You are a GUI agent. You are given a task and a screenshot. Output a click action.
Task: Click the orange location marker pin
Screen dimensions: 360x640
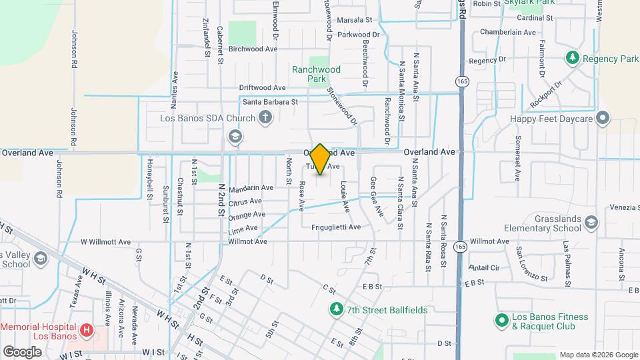pyautogui.click(x=320, y=159)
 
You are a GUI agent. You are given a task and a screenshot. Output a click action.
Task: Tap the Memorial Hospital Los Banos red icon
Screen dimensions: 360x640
pyautogui.click(x=85, y=329)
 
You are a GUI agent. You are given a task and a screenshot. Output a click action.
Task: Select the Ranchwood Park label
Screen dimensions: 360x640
pyautogui.click(x=316, y=74)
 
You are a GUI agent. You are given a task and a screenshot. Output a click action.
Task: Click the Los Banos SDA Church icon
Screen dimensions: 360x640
pyautogui.click(x=265, y=119)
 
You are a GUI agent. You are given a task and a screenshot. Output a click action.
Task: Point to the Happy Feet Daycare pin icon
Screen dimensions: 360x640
pyautogui.click(x=603, y=119)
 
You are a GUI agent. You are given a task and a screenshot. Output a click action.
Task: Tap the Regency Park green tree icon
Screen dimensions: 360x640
pyautogui.click(x=572, y=59)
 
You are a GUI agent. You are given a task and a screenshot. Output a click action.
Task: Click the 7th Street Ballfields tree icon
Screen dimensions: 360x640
pyautogui.click(x=337, y=309)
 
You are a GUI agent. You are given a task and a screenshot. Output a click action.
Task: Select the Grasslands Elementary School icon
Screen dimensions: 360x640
pyautogui.click(x=591, y=222)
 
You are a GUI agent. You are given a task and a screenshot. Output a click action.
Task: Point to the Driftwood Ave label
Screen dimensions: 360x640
pyautogui.click(x=262, y=87)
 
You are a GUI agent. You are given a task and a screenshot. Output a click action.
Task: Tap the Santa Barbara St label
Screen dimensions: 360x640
pyautogui.click(x=269, y=102)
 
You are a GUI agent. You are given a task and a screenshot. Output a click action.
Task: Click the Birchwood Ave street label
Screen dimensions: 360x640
pyautogui.click(x=253, y=49)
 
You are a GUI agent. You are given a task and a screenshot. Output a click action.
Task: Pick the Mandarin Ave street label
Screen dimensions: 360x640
pyautogui.click(x=251, y=188)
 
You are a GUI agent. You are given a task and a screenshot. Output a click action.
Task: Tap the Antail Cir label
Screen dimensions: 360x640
pyautogui.click(x=484, y=267)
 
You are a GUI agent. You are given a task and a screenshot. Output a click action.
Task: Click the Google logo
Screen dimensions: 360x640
pyautogui.click(x=22, y=351)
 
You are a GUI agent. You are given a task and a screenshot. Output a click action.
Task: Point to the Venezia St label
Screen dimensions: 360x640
pyautogui.click(x=624, y=207)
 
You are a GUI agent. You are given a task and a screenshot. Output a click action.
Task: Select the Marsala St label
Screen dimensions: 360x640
pyautogui.click(x=353, y=20)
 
